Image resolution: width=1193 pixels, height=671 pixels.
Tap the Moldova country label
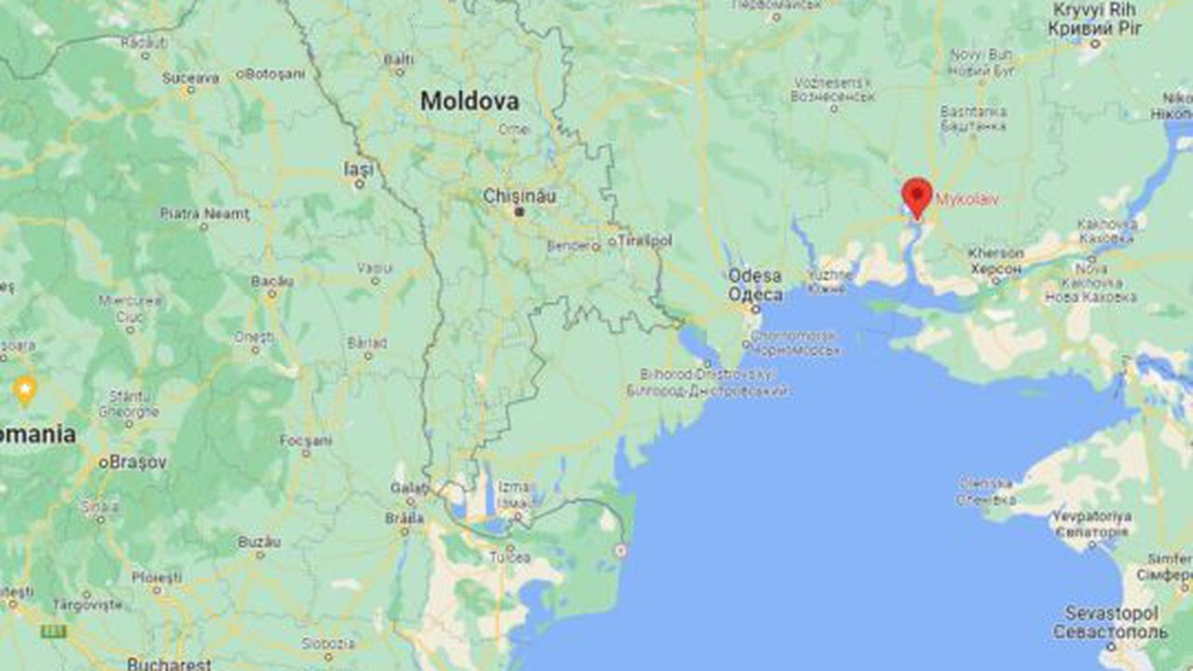(469, 101)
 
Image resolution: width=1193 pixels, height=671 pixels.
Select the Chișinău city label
(519, 196)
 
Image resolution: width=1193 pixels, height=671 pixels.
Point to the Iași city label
(358, 170)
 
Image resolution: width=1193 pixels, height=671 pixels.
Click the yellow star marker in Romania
(25, 388)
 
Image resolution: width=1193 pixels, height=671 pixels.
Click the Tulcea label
(510, 557)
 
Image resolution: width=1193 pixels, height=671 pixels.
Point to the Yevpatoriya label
(1091, 516)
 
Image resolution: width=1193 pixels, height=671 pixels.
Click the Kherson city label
(995, 253)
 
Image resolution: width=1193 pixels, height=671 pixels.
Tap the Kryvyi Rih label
(1094, 10)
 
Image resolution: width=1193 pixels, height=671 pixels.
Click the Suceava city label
(190, 78)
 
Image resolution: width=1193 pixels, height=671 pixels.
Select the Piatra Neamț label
(205, 213)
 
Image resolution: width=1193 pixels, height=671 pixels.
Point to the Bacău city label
(272, 281)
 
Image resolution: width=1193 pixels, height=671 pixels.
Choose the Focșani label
(306, 440)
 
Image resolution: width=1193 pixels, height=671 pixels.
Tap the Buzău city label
(259, 541)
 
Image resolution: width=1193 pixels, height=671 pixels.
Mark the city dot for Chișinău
(520, 212)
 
